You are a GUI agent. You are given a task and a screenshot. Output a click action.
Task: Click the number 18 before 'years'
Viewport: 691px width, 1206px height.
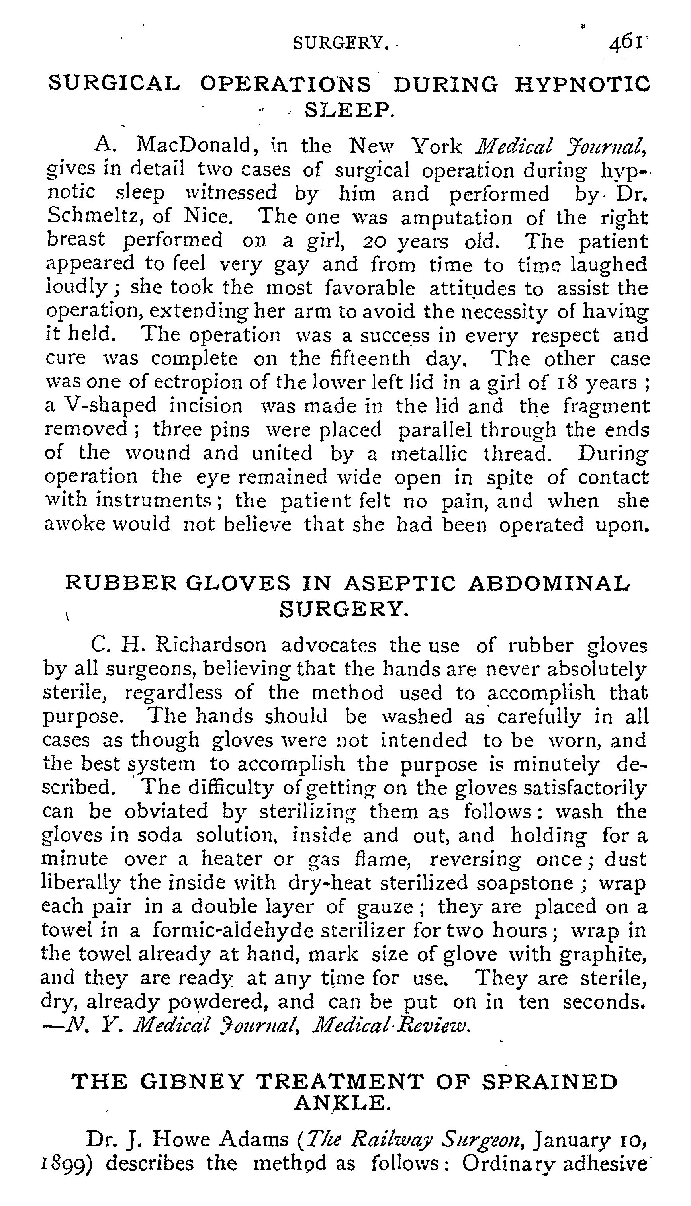(562, 382)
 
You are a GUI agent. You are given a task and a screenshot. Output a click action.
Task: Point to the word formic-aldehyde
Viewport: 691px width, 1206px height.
(233, 931)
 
